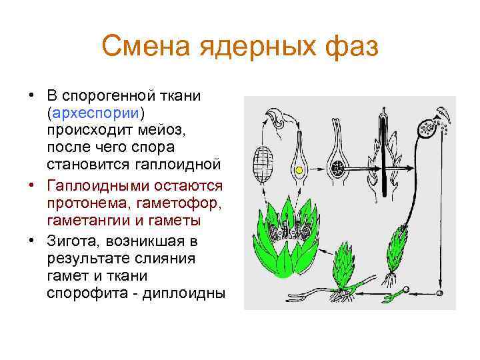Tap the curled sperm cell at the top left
point(276,121)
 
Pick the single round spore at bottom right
point(439,293)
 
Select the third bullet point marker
point(32,239)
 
